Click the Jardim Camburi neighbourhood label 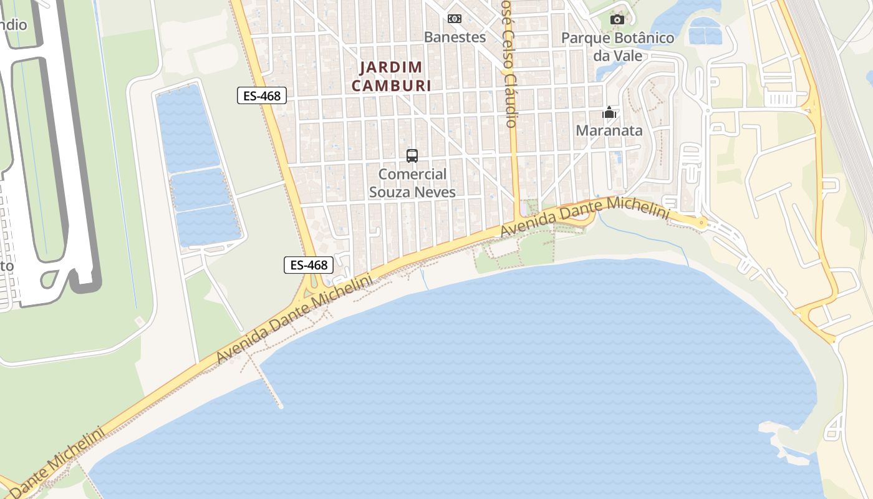(x=391, y=76)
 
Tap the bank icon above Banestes (x=455, y=19)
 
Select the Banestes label (x=455, y=37)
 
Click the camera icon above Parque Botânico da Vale (x=617, y=20)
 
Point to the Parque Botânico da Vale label (x=617, y=47)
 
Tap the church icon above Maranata (x=609, y=113)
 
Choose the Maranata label (x=609, y=131)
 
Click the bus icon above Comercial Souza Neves (x=412, y=156)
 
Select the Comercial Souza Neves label (x=412, y=183)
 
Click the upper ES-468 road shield (x=262, y=95)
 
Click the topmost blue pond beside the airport (x=187, y=128)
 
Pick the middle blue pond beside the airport (x=201, y=189)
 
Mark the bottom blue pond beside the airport (x=209, y=225)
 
